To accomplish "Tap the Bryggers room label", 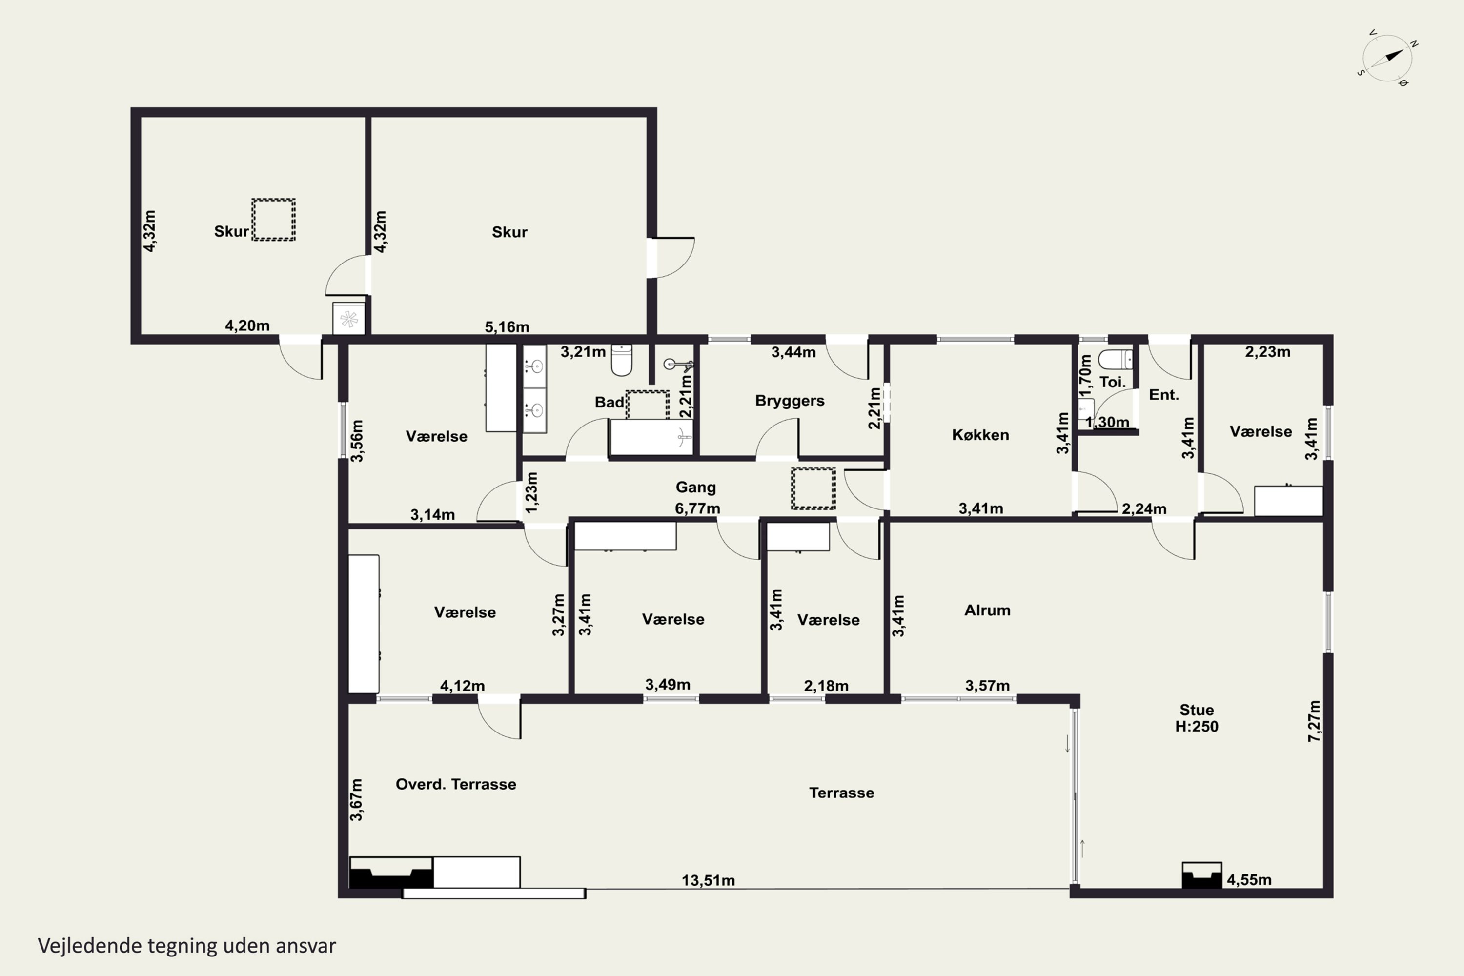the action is point(789,401).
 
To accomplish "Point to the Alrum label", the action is point(987,610).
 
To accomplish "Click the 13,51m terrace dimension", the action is point(708,880).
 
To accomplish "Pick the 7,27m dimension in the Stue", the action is point(1313,721).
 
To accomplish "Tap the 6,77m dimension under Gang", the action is point(697,508).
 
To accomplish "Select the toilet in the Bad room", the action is point(621,360).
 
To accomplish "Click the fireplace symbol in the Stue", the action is point(1201,874).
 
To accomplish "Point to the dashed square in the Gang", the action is point(813,488).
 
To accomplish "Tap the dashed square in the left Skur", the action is point(273,219).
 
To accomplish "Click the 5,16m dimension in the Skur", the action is point(507,327).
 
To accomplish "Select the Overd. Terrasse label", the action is point(456,784).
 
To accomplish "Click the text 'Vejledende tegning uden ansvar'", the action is point(187,946).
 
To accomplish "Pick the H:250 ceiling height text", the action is point(1197,727).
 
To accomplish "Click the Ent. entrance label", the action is point(1163,395).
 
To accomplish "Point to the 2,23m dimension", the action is point(1267,352).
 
